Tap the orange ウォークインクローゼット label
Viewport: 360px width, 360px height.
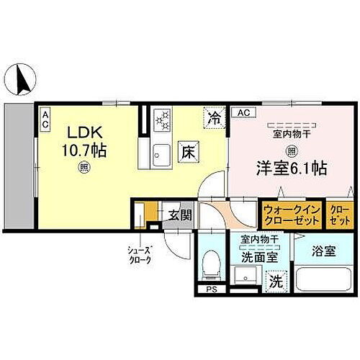click(289, 214)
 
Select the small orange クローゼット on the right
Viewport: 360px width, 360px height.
click(337, 214)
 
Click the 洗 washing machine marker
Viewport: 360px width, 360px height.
click(276, 280)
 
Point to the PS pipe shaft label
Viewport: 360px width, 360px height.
click(211, 291)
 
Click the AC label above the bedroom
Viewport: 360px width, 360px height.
click(242, 112)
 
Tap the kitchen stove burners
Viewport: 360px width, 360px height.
click(162, 117)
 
